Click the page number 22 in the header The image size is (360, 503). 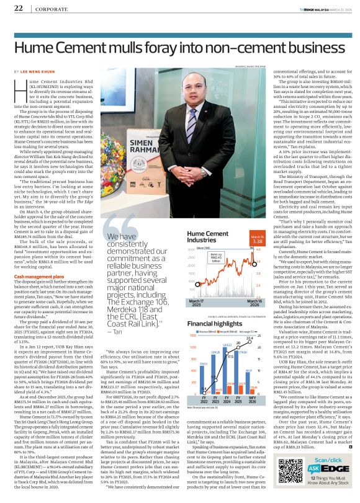point(19,8)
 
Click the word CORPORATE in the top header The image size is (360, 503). point(48,9)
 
